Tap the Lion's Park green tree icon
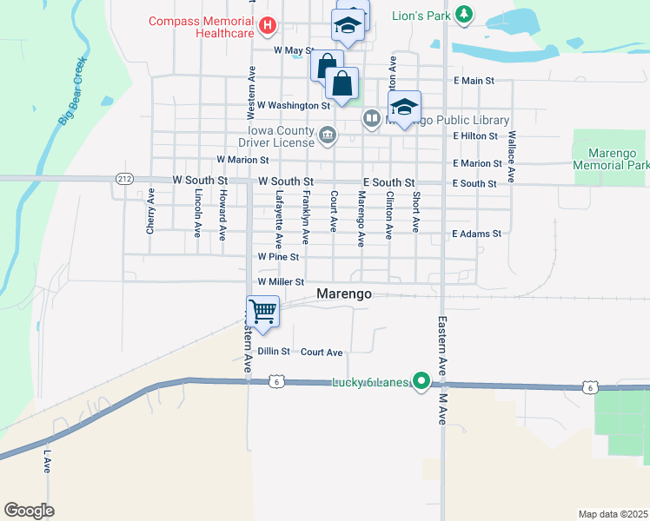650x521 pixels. coord(465,14)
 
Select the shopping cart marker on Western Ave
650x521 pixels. coord(262,311)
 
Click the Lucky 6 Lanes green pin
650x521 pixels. coord(421,380)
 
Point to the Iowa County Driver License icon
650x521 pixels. coord(328,135)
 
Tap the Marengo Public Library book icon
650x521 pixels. coord(371,117)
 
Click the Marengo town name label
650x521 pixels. coord(344,293)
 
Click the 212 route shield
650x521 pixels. coord(123,178)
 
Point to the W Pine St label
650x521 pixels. coord(278,257)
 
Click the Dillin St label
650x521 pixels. coord(273,352)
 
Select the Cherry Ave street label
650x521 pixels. coord(150,212)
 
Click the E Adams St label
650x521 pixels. coord(477,234)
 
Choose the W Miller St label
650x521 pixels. coord(281,282)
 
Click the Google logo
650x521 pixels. coord(29,511)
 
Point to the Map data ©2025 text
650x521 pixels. coord(613,514)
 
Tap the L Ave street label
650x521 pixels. coord(48,461)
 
